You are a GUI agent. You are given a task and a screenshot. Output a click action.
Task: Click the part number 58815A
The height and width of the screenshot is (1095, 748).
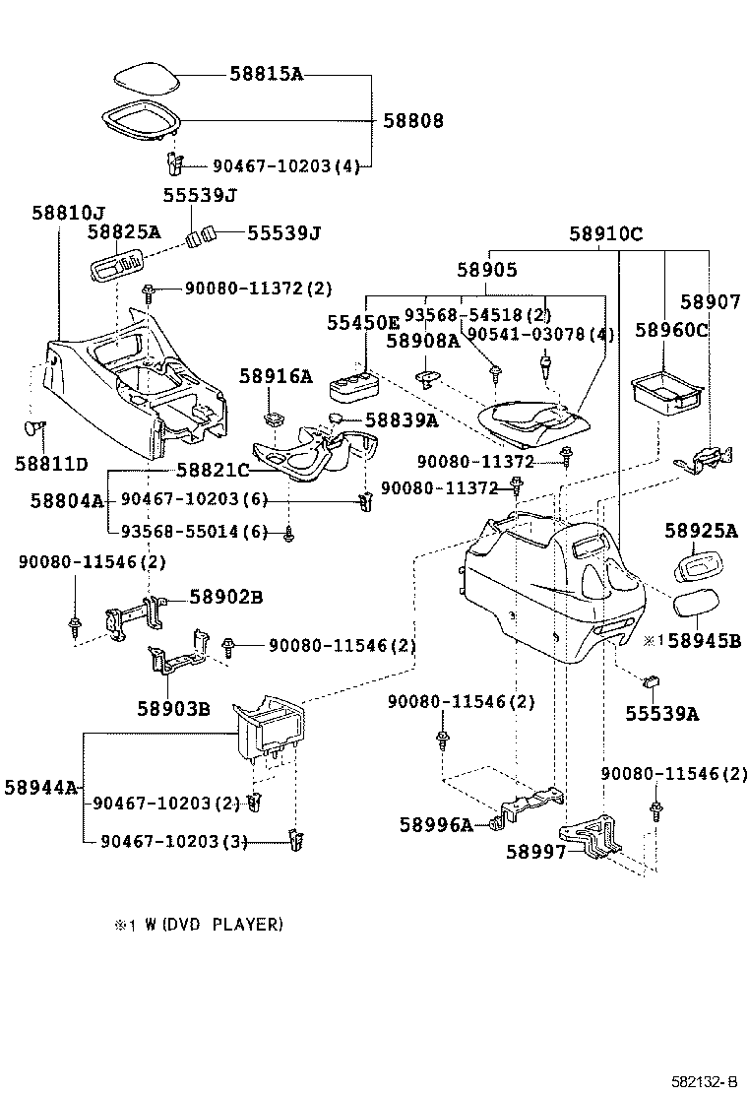click(266, 72)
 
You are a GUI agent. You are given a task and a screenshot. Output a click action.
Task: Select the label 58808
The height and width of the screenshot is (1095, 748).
click(413, 121)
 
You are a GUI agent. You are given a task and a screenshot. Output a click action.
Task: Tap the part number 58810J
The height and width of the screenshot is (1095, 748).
click(68, 212)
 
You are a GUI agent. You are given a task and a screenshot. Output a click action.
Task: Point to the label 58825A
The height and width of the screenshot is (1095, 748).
click(123, 232)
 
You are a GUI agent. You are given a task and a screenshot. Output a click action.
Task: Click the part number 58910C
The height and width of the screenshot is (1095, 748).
click(605, 233)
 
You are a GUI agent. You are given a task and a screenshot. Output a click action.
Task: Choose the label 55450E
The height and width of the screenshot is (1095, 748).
click(363, 322)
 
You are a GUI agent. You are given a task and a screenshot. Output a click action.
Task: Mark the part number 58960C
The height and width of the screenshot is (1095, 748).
click(671, 329)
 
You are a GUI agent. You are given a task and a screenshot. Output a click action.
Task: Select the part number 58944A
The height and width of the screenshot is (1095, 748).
click(40, 787)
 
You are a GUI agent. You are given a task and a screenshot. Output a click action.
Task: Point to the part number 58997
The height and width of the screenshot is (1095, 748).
click(536, 851)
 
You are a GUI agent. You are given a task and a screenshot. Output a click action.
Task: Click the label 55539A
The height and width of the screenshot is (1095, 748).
click(661, 714)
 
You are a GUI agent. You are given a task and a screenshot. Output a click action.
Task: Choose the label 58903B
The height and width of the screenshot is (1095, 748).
click(172, 707)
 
